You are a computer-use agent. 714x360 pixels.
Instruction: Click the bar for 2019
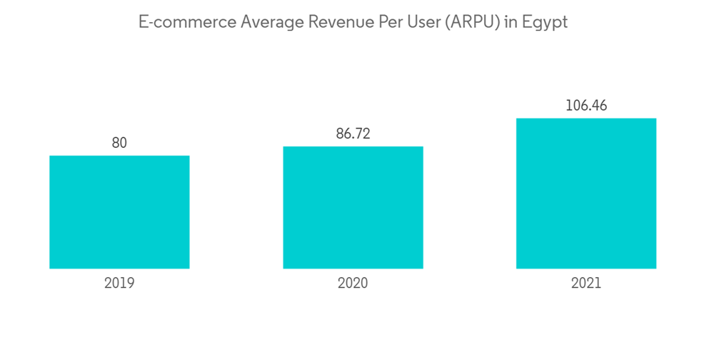(119, 212)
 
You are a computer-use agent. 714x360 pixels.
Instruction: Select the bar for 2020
(353, 208)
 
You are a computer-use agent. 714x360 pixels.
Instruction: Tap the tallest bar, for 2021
(586, 194)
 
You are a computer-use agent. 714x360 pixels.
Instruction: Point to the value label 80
(119, 143)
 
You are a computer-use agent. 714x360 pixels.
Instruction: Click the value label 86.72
(353, 134)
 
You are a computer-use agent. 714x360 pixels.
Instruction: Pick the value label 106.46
(586, 106)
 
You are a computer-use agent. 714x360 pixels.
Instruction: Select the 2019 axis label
(119, 283)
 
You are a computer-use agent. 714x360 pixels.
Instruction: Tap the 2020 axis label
(353, 283)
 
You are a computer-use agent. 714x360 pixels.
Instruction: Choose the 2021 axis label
(586, 283)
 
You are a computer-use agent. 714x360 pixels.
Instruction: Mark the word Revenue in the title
(336, 22)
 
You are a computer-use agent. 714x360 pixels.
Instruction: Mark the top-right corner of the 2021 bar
(655, 119)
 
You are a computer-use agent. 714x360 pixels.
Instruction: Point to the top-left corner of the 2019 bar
(50, 156)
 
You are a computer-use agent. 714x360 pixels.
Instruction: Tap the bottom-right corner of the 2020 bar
(423, 268)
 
